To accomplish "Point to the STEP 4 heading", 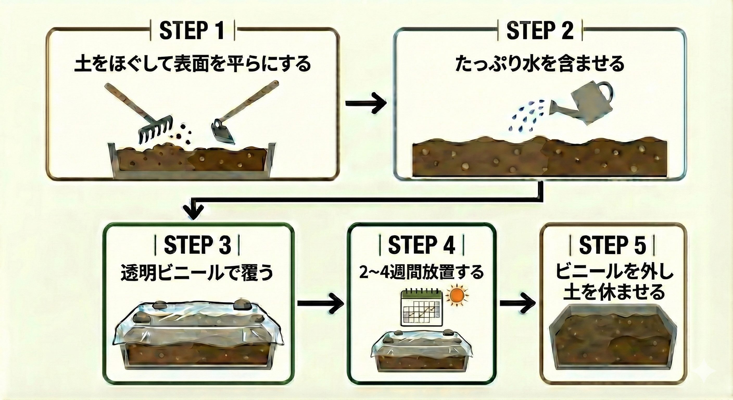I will (x=421, y=244).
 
